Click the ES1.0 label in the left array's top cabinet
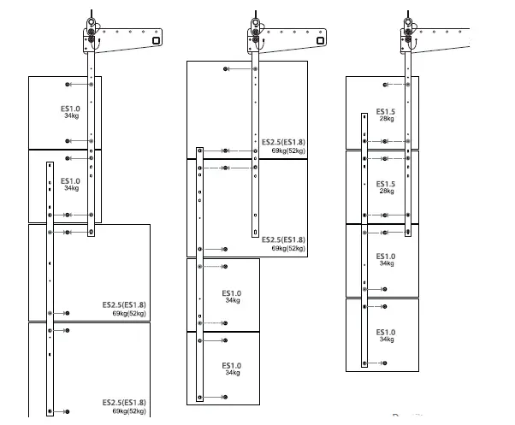(x=70, y=109)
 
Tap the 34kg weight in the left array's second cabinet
(x=70, y=188)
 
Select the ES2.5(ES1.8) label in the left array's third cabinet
(x=124, y=304)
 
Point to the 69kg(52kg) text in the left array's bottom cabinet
(x=128, y=411)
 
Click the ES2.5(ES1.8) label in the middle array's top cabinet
(x=283, y=142)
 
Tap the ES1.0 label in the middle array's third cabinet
(x=232, y=292)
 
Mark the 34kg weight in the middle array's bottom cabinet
(x=232, y=373)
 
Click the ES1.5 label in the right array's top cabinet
(x=386, y=112)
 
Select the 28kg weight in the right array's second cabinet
(x=386, y=192)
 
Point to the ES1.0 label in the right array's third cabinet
(x=386, y=256)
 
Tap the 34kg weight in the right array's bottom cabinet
(x=386, y=339)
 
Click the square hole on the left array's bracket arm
(x=155, y=38)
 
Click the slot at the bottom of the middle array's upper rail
(x=254, y=231)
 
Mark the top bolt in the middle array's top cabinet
(x=224, y=68)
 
